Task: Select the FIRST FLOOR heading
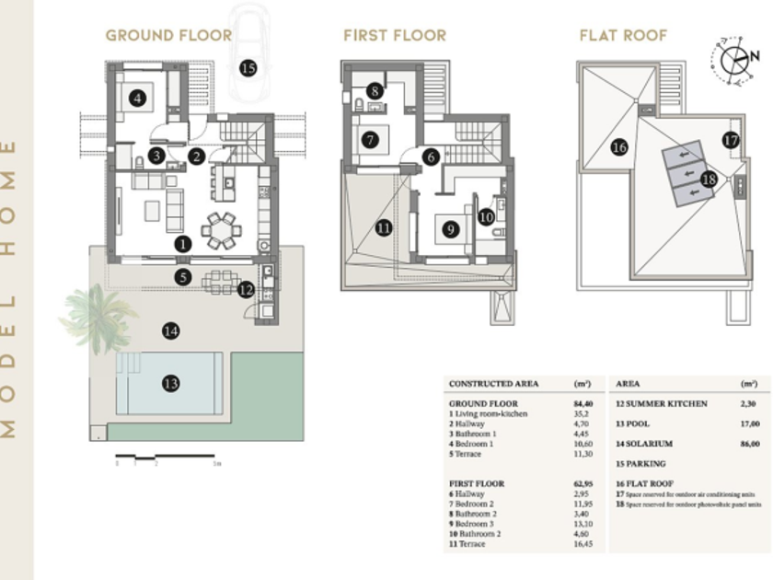[x=395, y=36]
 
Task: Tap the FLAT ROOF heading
[x=623, y=36]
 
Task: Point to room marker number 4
[x=138, y=97]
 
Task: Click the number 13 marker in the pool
[x=170, y=384]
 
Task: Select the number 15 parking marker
[x=248, y=67]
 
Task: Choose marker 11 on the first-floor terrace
[x=384, y=226]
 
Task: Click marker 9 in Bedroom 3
[x=450, y=229]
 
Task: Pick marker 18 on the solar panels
[x=709, y=180]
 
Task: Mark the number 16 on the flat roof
[x=619, y=147]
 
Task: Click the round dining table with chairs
[x=222, y=230]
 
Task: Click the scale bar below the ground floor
[x=166, y=457]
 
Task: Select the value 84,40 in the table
[x=583, y=403]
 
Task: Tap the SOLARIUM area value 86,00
[x=749, y=444]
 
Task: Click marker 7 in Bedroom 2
[x=371, y=141]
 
